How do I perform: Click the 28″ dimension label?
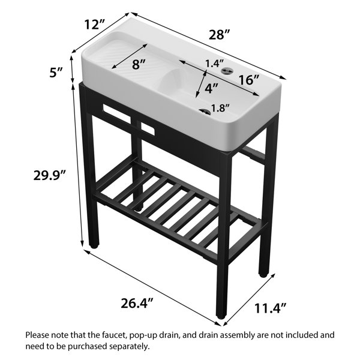tap(219, 34)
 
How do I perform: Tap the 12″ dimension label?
tap(95, 25)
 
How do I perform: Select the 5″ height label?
tap(56, 73)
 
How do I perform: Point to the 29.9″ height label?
tap(50, 175)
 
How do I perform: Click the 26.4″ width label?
tap(137, 303)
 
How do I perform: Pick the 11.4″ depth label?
tap(270, 308)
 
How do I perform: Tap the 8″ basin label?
tap(139, 64)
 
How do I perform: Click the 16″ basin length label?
tap(249, 80)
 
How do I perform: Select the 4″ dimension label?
tap(211, 88)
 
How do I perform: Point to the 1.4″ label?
tap(214, 64)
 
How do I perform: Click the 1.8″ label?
tap(220, 108)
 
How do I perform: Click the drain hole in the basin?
tap(205, 112)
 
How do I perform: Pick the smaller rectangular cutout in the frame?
tap(148, 129)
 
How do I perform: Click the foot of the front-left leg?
tap(94, 247)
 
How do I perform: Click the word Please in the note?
tap(37, 335)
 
